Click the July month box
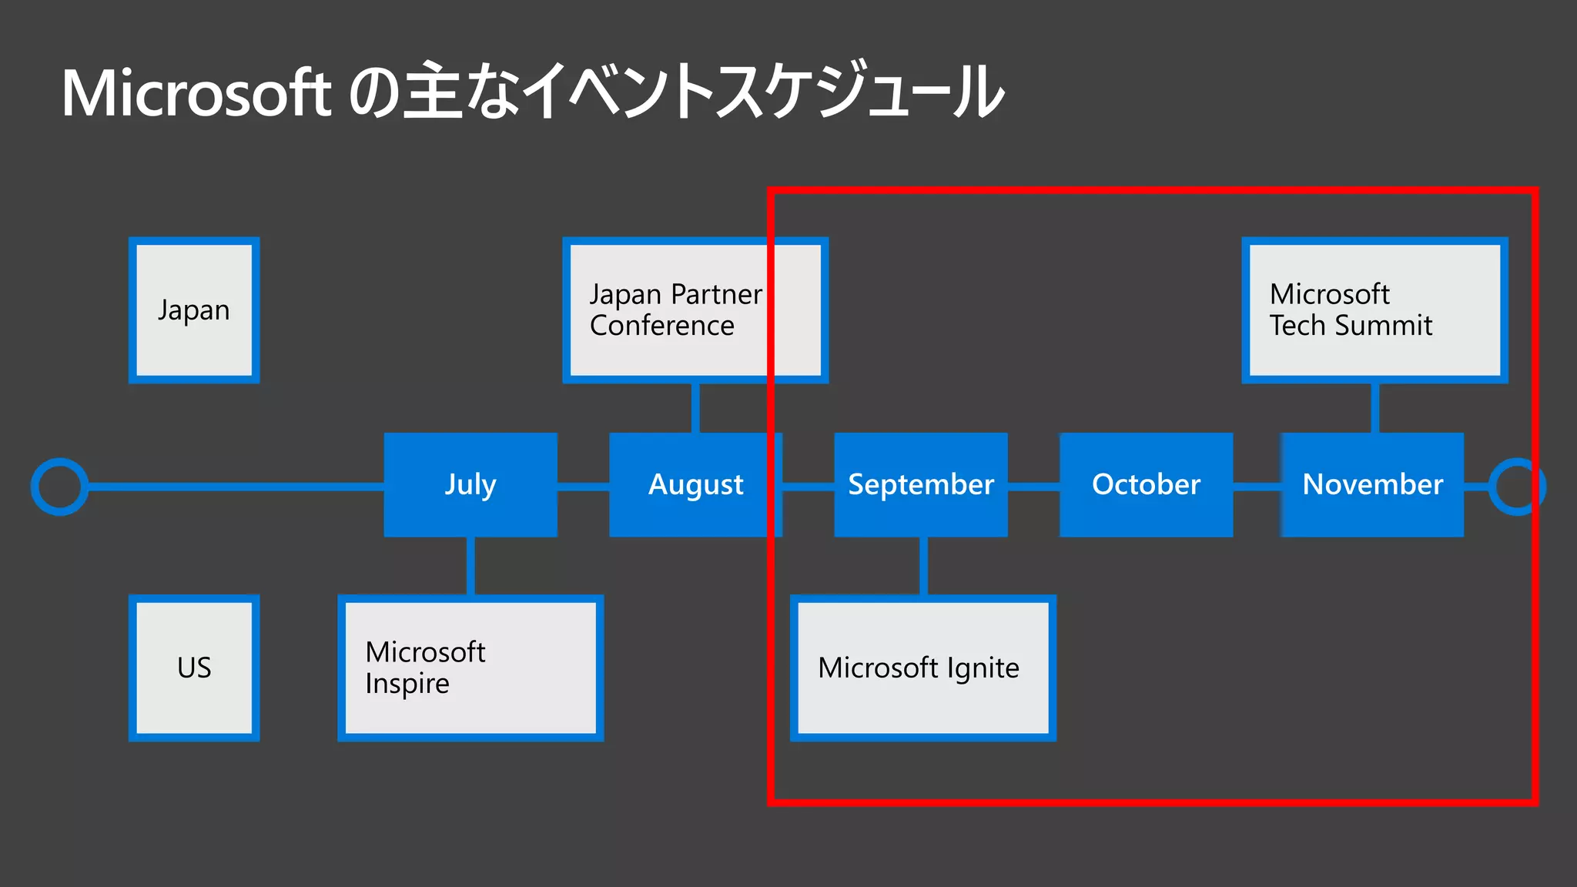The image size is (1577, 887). pos(470,484)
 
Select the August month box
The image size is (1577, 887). pos(695,484)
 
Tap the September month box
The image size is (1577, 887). pos(921,484)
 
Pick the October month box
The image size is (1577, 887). pos(1146,484)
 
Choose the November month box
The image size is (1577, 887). pos(1372,484)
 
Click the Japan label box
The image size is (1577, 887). pos(194,310)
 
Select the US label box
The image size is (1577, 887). pos(194,668)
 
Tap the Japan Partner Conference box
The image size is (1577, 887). pos(695,310)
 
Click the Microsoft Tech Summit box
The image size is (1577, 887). pos(1374,310)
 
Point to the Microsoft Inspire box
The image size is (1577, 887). pos(470,668)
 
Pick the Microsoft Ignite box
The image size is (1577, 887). pos(923,668)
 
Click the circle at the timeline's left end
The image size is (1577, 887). pos(59,487)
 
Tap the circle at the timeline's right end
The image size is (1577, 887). pos(1516,487)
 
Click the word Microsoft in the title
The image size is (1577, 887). pos(196,94)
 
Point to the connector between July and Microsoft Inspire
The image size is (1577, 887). pos(470,566)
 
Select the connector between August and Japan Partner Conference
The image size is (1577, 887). pos(695,407)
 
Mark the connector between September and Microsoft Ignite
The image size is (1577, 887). pos(923,566)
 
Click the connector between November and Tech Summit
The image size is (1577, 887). pos(1374,407)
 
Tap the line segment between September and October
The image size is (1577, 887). pos(1033,487)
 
